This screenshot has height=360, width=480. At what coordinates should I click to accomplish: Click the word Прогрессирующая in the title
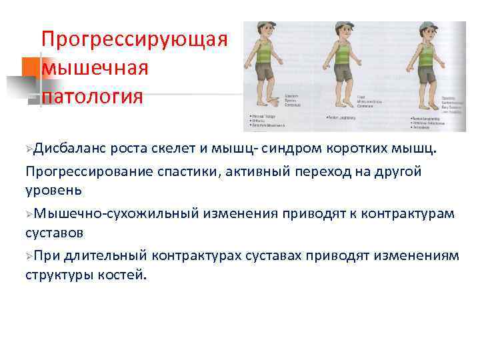coord(134,39)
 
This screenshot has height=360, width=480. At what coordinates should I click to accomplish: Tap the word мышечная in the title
coord(95,68)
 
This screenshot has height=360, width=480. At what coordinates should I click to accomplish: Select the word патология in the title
coord(93,97)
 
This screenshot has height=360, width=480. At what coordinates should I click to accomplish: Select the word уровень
coord(54,190)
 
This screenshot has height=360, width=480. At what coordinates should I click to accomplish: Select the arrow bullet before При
coord(30,256)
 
